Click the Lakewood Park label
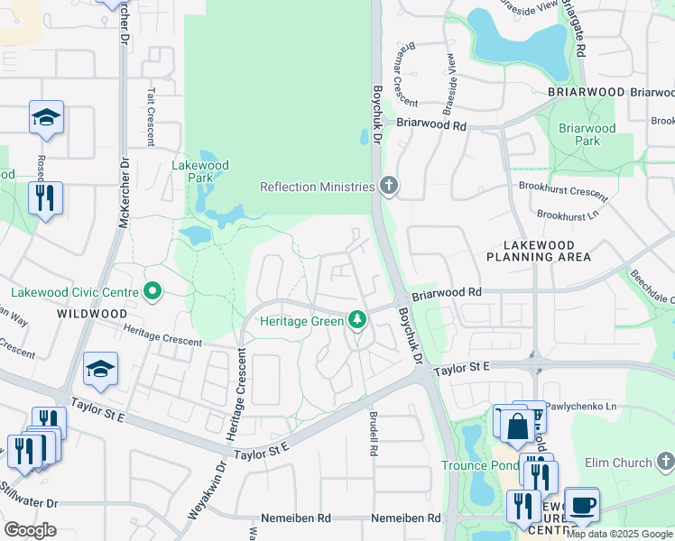click(200, 171)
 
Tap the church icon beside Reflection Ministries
click(389, 187)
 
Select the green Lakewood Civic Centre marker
click(153, 291)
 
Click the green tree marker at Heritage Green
click(358, 320)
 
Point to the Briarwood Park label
click(587, 134)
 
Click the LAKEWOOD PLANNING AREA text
click(539, 251)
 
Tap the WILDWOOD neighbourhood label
click(91, 314)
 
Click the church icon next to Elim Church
click(666, 463)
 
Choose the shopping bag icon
click(518, 427)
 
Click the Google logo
click(30, 530)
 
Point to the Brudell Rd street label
click(373, 434)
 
